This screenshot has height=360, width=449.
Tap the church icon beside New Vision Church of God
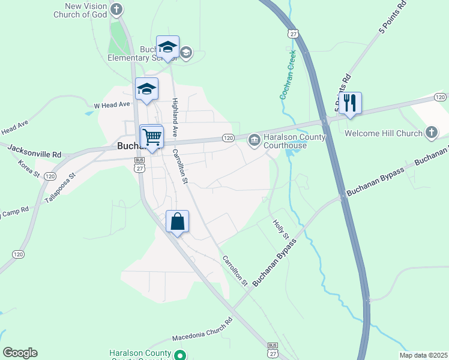pyautogui.click(x=116, y=9)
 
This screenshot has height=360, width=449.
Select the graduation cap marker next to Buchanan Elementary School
pyautogui.click(x=167, y=47)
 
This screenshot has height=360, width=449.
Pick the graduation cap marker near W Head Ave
pyautogui.click(x=146, y=89)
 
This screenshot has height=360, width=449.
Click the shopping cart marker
pyautogui.click(x=152, y=137)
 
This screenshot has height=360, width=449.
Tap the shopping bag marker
pyautogui.click(x=178, y=221)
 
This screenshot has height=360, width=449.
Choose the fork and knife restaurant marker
pyautogui.click(x=349, y=103)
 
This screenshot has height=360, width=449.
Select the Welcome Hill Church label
pyautogui.click(x=384, y=133)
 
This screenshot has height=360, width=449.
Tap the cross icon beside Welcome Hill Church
pyautogui.click(x=431, y=133)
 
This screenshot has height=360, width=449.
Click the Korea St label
pyautogui.click(x=28, y=169)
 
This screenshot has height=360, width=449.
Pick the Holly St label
pyautogui.click(x=281, y=228)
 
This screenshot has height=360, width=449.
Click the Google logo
pyautogui.click(x=20, y=353)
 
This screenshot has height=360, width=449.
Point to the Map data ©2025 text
pyautogui.click(x=423, y=355)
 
